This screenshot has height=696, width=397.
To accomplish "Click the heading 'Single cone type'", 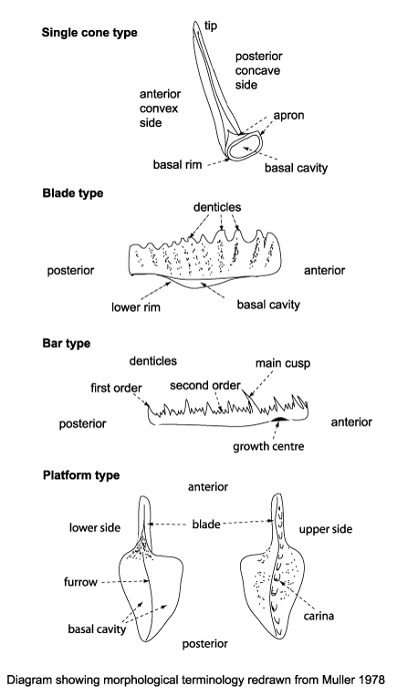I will [89, 33].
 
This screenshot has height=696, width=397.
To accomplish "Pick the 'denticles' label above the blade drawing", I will [217, 209].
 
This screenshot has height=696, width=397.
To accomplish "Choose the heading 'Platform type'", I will [80, 475].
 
